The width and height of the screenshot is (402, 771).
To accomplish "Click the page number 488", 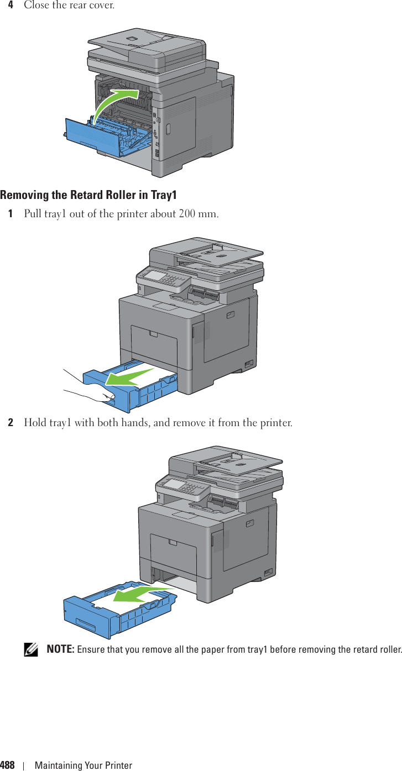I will click(x=7, y=765).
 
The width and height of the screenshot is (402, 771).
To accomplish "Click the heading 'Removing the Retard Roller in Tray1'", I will click(x=88, y=195).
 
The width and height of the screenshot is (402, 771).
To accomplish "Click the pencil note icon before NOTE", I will click(x=34, y=649).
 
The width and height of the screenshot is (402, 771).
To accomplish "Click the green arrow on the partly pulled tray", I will click(x=130, y=377).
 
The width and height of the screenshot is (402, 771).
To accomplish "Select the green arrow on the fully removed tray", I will click(x=141, y=594).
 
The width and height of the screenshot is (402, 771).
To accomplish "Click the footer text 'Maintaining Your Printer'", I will click(x=83, y=765).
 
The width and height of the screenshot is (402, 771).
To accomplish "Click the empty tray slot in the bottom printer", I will click(x=174, y=578).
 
